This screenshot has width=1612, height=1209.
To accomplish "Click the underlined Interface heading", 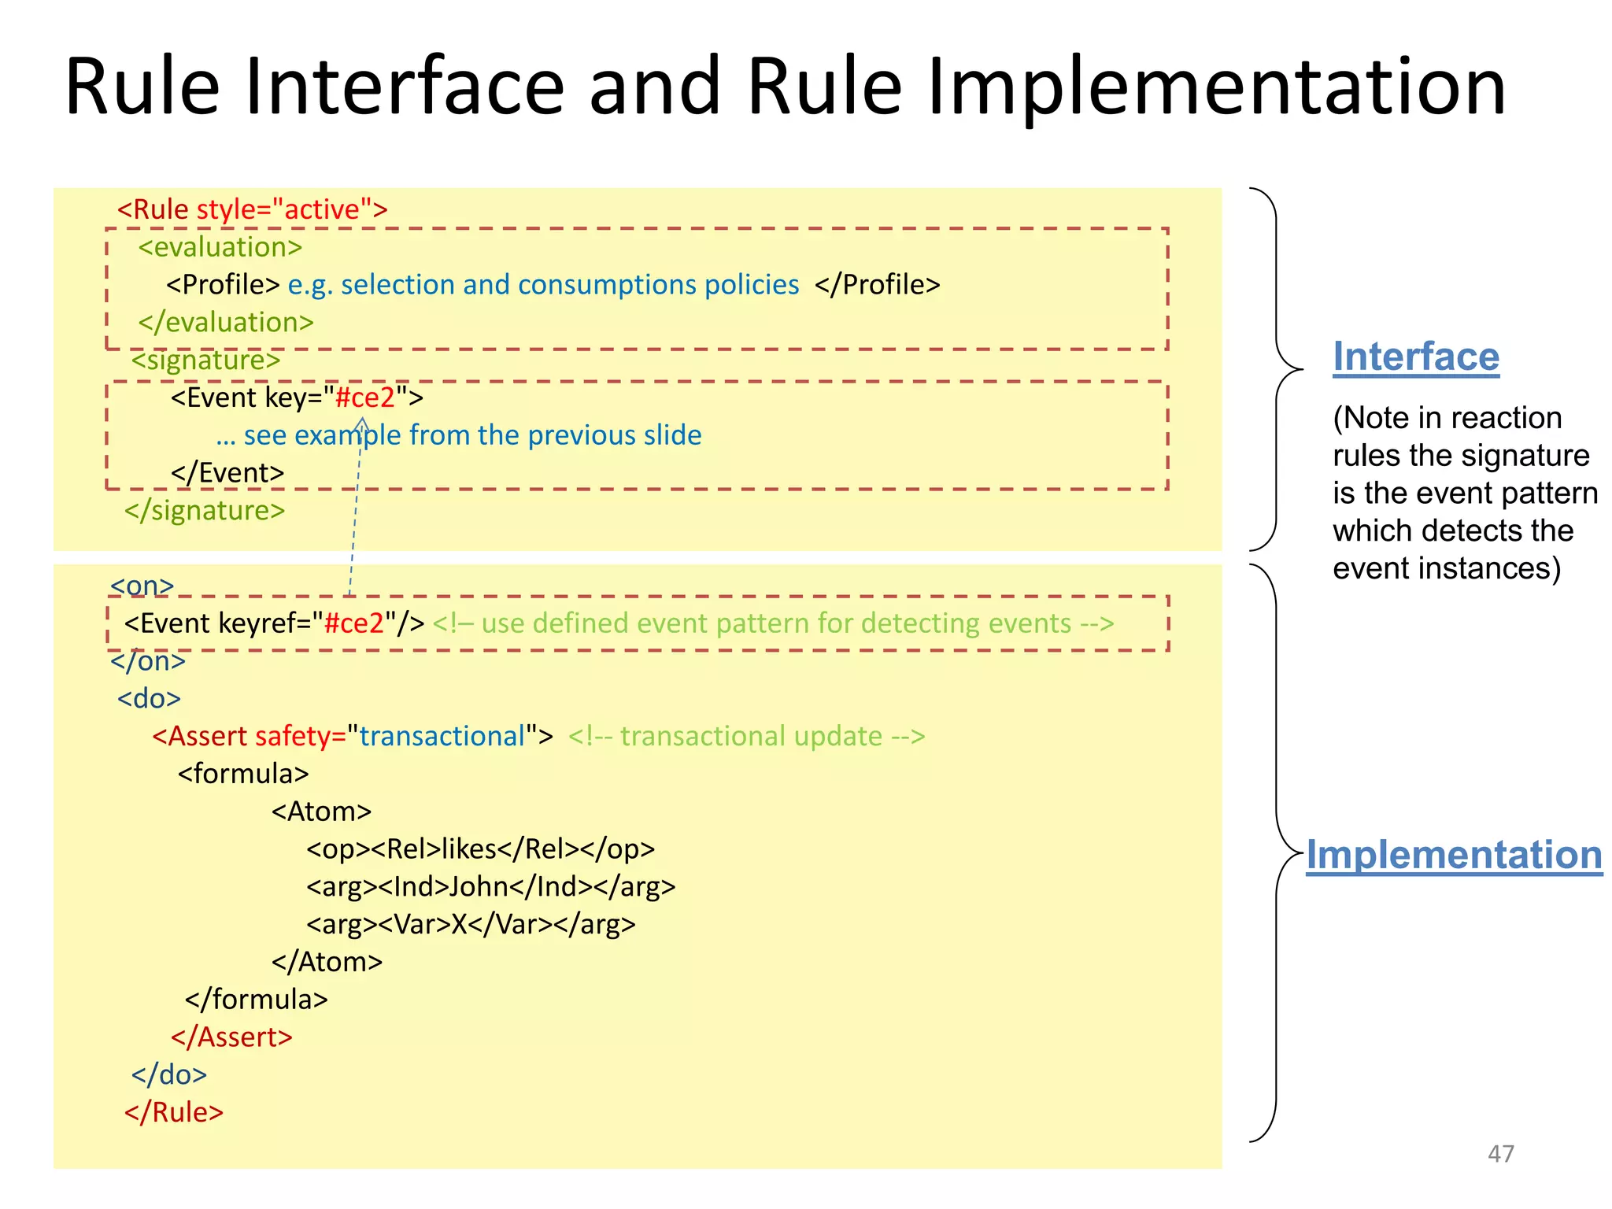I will coord(1415,357).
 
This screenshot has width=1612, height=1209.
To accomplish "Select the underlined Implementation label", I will coord(1453,855).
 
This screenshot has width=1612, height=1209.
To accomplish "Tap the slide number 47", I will coord(1500,1154).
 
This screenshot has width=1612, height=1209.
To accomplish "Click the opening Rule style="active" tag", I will coord(252,209).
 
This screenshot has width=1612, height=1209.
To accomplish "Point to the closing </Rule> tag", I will coord(174,1112).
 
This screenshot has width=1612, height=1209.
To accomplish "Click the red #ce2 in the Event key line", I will coord(364,397).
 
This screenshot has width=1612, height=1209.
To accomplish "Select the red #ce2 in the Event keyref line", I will coord(353,623).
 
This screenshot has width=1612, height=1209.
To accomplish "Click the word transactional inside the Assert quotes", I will coord(442,736).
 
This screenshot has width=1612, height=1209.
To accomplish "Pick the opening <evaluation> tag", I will coord(220,247).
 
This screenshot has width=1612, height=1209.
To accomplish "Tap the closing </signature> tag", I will coord(205,511).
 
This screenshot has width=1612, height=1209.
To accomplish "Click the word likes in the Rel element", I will coord(468,849).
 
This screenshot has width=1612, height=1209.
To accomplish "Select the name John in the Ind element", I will coord(478,887).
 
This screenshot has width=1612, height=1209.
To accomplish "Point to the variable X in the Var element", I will coord(459,924).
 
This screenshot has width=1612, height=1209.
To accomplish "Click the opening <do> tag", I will coord(149,699).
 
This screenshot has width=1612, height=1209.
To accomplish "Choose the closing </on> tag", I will coord(148,661).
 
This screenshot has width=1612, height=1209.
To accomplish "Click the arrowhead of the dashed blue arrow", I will coord(362,425).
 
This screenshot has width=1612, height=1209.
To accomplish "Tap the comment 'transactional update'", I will coord(746,736).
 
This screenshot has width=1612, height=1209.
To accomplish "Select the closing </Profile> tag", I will coord(877,285).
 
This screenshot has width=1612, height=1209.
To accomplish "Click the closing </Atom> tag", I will coord(327,962).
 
